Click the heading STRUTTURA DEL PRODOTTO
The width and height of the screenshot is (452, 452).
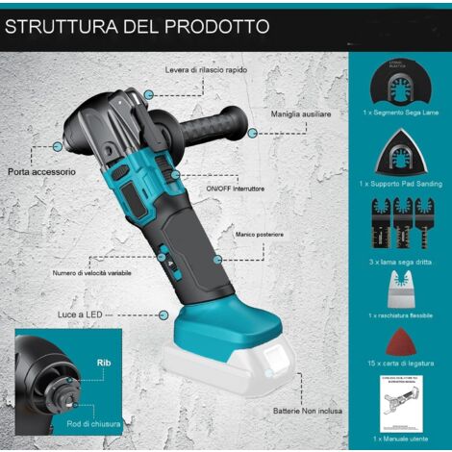(137, 26)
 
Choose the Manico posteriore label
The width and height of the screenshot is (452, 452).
(258, 235)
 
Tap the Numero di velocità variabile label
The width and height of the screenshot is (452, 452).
(92, 273)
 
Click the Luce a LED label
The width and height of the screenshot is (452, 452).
(81, 314)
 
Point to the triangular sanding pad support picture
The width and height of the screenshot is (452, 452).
(398, 155)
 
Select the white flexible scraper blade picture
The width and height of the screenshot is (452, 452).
(397, 286)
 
